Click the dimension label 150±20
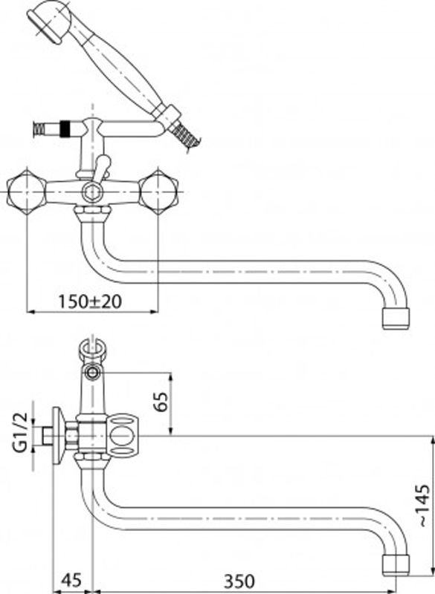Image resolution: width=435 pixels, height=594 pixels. pyautogui.click(x=90, y=301)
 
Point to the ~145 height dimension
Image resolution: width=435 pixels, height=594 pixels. pyautogui.click(x=425, y=506)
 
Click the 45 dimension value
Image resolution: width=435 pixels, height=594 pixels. pyautogui.click(x=71, y=581)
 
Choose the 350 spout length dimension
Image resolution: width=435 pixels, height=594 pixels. pyautogui.click(x=239, y=581)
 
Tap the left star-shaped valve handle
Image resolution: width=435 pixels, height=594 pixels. pyautogui.click(x=27, y=191)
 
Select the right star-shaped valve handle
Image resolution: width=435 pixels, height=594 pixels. pyautogui.click(x=158, y=191)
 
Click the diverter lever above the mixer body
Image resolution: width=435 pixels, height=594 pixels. pyautogui.click(x=101, y=169)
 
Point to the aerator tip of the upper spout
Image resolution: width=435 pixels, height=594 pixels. pyautogui.click(x=396, y=319)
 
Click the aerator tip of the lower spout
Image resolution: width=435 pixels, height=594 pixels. pyautogui.click(x=396, y=565)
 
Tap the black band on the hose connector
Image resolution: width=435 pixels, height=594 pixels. pyautogui.click(x=65, y=128)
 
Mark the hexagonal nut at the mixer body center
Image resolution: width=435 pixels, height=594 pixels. pyautogui.click(x=91, y=192)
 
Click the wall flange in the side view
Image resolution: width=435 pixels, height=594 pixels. pyautogui.click(x=57, y=436)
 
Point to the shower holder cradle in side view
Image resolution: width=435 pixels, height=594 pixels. pyautogui.click(x=91, y=350)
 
